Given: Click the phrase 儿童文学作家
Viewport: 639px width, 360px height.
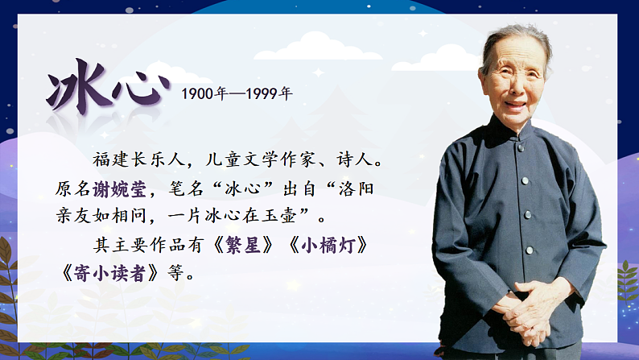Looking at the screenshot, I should (270, 161).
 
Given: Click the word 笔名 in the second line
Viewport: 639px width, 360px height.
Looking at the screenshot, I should (187, 189).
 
